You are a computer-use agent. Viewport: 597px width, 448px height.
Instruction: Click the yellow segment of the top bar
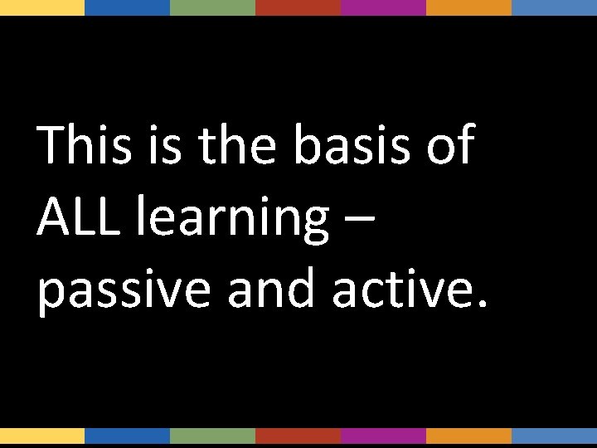(42, 7)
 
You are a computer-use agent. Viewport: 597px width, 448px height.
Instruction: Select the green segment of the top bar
(212, 7)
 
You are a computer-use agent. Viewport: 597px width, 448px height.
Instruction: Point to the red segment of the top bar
(298, 7)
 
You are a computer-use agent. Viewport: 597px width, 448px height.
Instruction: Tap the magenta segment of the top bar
(383, 7)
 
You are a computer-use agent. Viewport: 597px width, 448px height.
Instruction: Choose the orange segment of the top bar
(468, 7)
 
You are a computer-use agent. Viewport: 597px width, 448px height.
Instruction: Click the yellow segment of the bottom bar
(42, 436)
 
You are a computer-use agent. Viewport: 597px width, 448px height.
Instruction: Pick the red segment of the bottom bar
(298, 436)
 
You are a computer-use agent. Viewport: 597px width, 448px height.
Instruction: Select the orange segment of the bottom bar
(468, 436)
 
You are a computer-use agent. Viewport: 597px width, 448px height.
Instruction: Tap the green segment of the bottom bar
(212, 436)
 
